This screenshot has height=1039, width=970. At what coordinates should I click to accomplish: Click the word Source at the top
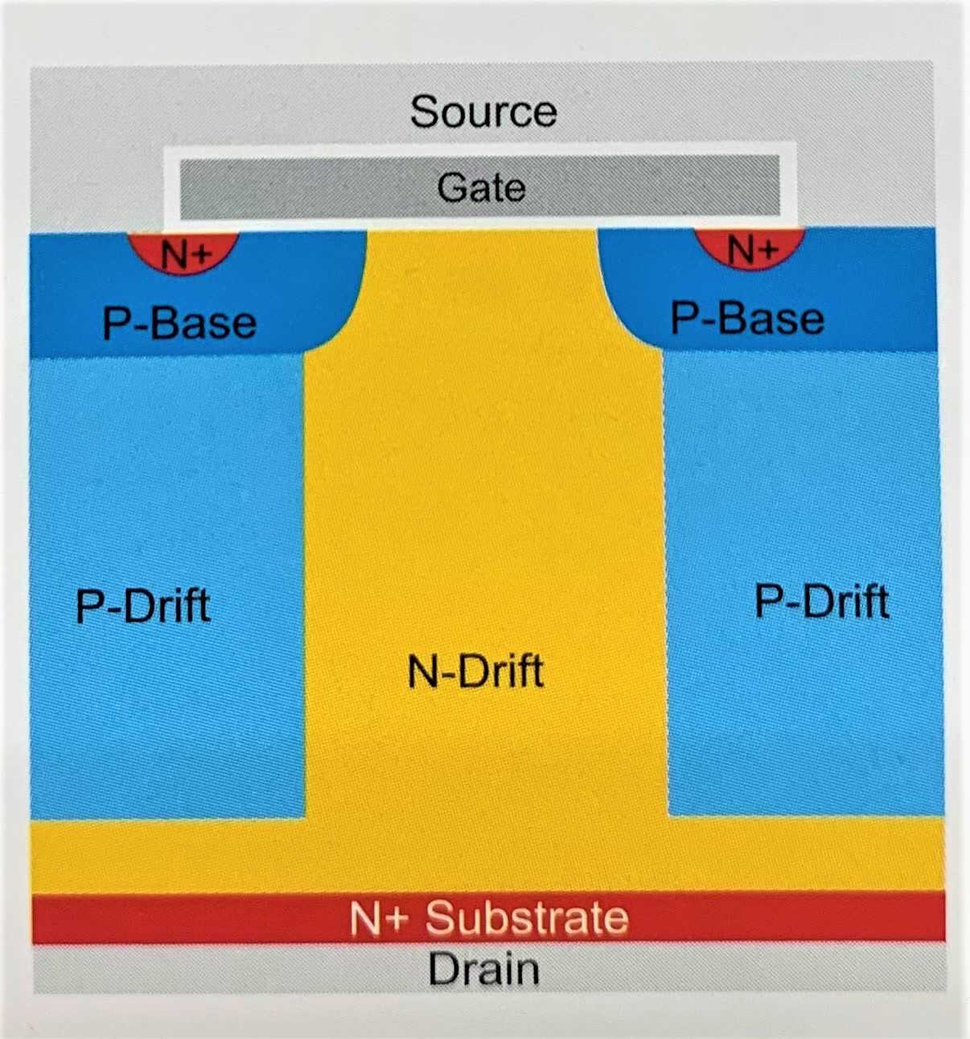(x=483, y=111)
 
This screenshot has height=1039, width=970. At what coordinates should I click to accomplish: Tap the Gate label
(x=481, y=188)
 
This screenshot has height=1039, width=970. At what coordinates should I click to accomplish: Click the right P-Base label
(x=747, y=319)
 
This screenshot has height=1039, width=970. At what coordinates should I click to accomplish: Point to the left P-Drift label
(x=142, y=606)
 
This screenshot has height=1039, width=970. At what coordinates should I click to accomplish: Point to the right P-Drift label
(x=821, y=602)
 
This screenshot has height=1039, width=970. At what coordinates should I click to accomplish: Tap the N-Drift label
(x=475, y=671)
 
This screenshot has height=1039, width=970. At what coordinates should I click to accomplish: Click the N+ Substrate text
(x=488, y=918)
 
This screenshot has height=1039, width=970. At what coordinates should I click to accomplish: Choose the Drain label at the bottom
(x=483, y=969)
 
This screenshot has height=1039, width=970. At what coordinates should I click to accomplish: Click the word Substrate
(x=526, y=918)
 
